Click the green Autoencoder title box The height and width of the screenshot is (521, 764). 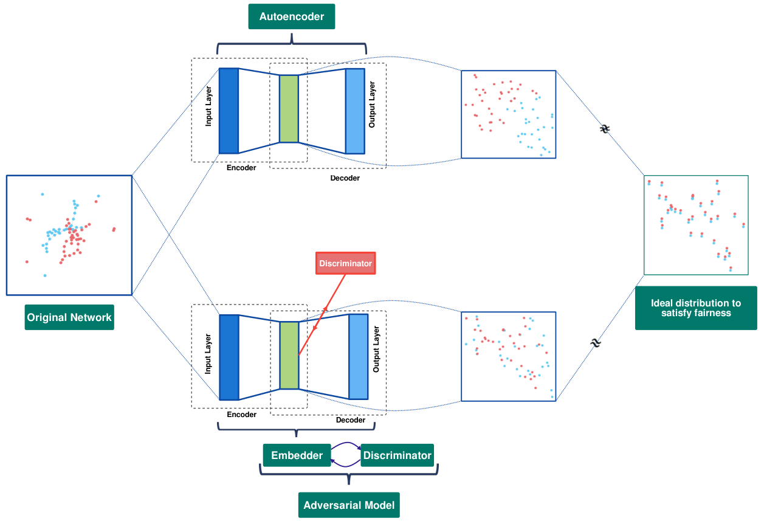(x=292, y=16)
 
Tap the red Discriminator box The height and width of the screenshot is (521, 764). (x=345, y=263)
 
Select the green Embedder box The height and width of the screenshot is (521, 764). (x=297, y=455)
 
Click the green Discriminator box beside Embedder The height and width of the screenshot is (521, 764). (x=397, y=455)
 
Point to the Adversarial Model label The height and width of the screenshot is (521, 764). (x=349, y=505)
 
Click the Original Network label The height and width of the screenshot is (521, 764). (x=69, y=317)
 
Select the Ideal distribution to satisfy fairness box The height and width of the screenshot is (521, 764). (x=696, y=308)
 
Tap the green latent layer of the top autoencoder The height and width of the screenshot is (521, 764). (x=289, y=109)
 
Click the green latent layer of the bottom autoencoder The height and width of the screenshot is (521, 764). (x=289, y=355)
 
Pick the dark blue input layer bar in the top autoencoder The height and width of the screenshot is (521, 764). (x=229, y=111)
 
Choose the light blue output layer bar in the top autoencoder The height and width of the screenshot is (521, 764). (x=355, y=111)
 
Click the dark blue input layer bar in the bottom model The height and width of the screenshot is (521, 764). (x=229, y=357)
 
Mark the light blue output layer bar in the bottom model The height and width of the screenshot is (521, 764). (x=359, y=356)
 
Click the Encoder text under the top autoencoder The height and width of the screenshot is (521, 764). (x=241, y=168)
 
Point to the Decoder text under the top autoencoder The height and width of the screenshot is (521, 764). (x=345, y=178)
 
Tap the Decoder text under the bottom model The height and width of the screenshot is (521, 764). (x=351, y=420)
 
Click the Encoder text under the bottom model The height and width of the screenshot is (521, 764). (x=241, y=415)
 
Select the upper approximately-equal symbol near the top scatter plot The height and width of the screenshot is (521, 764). (x=605, y=129)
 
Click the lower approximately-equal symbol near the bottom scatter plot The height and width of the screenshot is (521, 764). (x=596, y=343)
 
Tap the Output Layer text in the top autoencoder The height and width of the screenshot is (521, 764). (x=372, y=105)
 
